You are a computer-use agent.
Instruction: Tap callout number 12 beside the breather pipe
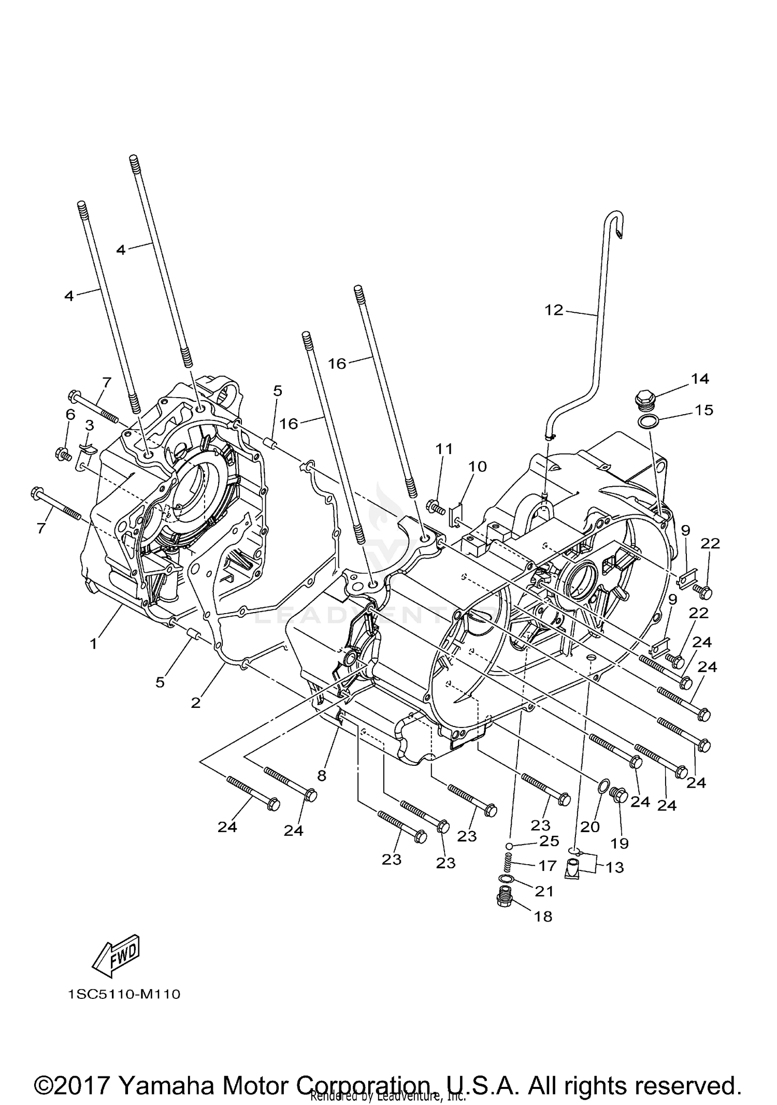click(x=553, y=310)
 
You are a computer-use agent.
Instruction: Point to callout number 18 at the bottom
click(x=543, y=917)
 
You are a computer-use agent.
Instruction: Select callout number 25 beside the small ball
click(x=549, y=841)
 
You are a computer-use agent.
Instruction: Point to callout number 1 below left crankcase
click(x=93, y=645)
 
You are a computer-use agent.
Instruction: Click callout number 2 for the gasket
click(x=195, y=703)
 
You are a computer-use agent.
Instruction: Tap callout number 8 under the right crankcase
click(x=322, y=775)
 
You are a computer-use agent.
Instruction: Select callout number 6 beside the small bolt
click(x=70, y=414)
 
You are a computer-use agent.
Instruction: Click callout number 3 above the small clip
click(x=89, y=425)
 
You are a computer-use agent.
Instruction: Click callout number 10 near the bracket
click(x=478, y=467)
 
